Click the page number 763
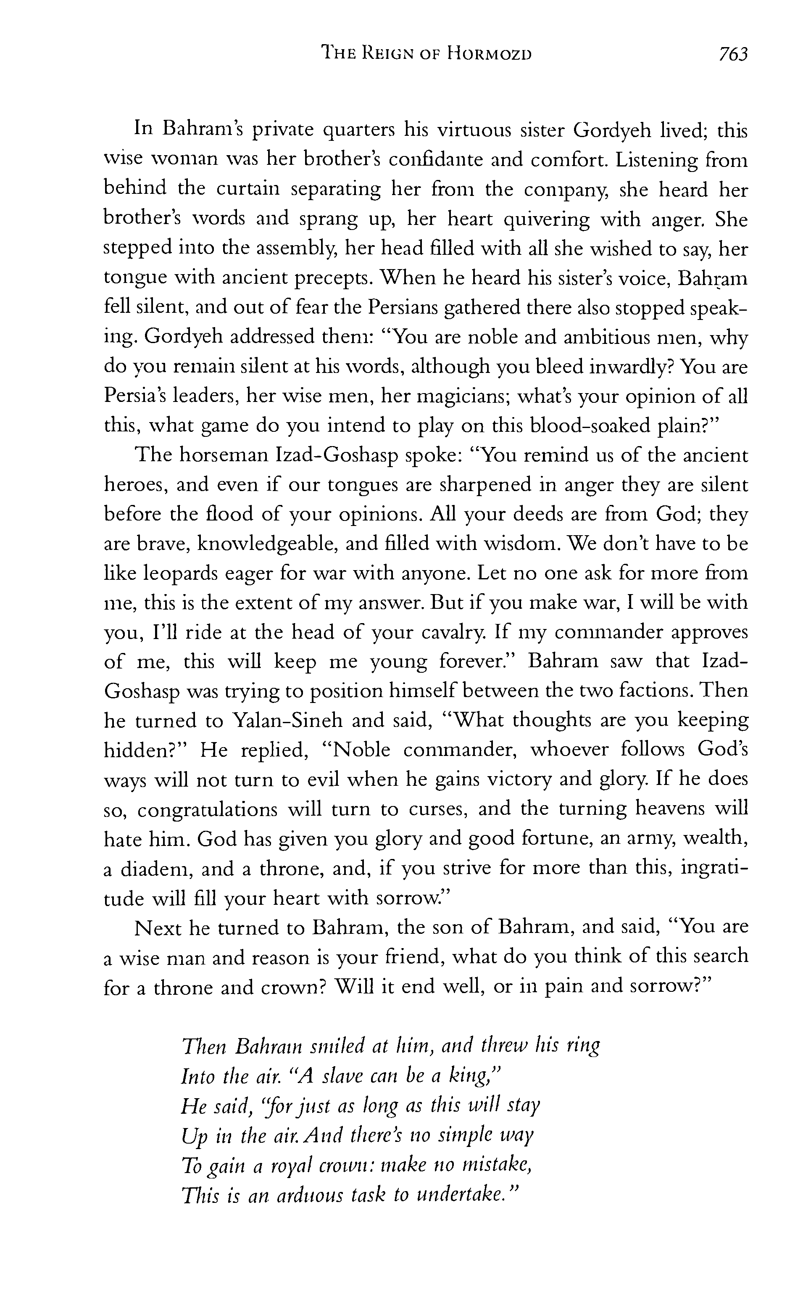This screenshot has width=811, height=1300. [732, 54]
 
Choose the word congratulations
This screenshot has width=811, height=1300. [207, 809]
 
